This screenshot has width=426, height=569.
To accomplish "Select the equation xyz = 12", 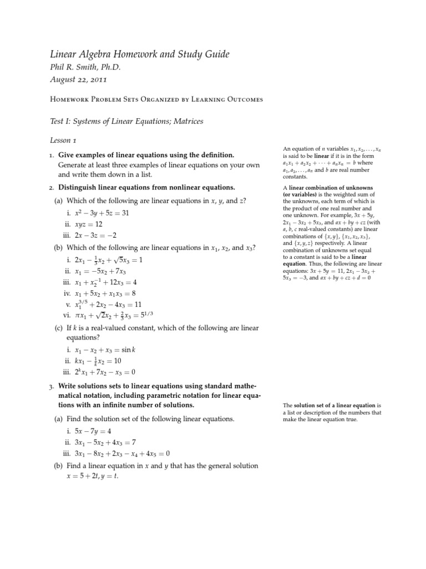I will [x=89, y=224].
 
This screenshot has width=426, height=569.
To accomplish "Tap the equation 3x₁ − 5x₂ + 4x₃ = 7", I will [x=105, y=442].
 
